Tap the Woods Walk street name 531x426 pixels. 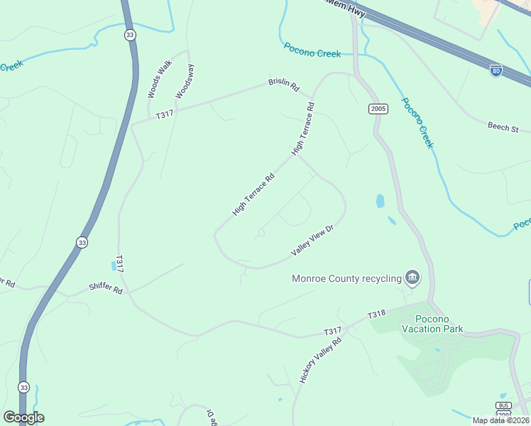160,79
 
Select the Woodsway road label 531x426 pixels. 185,81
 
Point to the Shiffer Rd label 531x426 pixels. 106,289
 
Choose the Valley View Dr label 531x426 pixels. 312,241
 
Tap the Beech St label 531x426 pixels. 503,128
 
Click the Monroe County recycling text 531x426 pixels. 346,278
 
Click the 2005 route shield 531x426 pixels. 378,109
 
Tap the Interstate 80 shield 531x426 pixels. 496,70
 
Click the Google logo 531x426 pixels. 23,417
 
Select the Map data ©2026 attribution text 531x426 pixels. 501,420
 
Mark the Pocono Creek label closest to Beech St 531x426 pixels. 417,122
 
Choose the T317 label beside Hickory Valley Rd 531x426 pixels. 333,331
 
